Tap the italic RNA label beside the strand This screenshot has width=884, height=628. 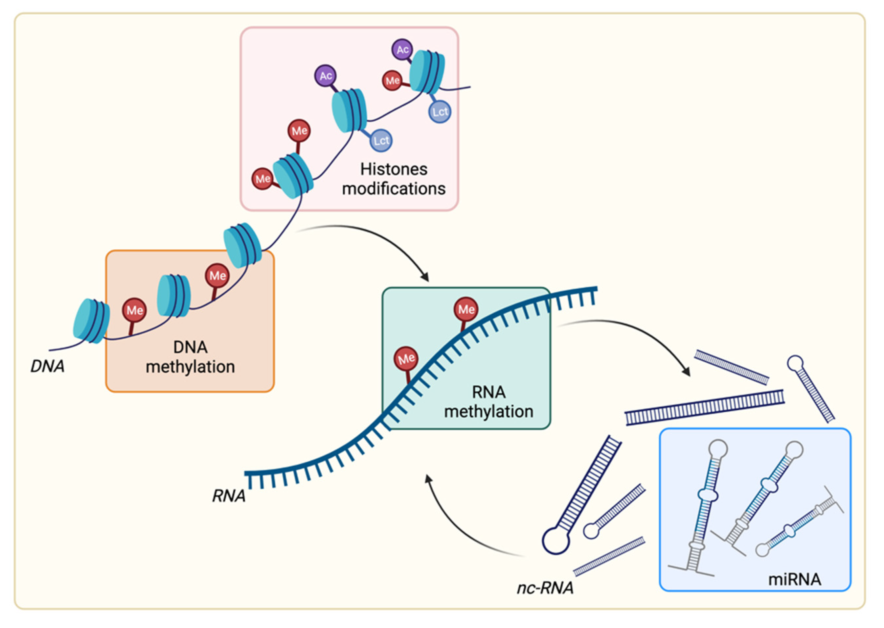(229, 496)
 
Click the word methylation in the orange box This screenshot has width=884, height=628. (190, 367)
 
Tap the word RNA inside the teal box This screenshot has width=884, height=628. (488, 392)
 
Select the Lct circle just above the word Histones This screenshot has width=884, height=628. (381, 140)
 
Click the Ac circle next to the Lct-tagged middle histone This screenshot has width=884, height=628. (325, 76)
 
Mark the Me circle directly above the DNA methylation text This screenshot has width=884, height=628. (135, 310)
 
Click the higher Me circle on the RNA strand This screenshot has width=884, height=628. (466, 309)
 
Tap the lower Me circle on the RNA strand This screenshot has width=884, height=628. (406, 359)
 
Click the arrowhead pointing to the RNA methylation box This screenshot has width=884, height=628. (425, 277)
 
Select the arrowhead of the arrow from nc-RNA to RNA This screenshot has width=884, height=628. (428, 479)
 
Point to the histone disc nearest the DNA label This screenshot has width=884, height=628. (92, 321)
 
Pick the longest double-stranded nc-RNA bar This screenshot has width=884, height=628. (705, 408)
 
